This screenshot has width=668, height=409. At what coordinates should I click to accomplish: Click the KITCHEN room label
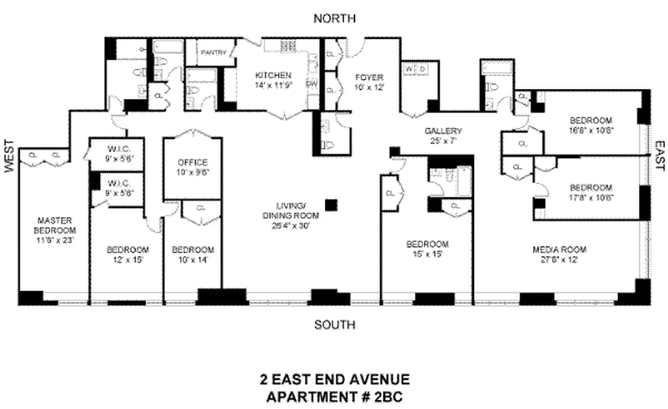coord(273,75)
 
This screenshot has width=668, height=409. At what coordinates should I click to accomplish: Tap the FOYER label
coord(369,78)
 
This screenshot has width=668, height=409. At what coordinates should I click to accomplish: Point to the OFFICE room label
coord(193,163)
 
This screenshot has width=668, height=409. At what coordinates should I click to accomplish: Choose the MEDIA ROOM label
coord(559,250)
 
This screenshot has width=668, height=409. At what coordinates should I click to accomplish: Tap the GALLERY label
coord(443,131)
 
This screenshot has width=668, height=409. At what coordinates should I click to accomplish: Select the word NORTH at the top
coord(335,19)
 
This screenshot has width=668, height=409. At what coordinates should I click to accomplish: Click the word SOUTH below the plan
coord(335,325)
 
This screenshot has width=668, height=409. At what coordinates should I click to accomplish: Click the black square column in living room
coord(331,204)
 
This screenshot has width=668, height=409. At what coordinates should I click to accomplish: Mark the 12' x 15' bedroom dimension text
coord(128,259)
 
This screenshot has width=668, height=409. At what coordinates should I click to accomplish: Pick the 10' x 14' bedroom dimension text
coord(193,259)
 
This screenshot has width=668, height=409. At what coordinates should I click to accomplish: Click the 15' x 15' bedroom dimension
coord(427,254)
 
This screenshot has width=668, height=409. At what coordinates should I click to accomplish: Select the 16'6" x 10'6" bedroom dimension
coord(590,130)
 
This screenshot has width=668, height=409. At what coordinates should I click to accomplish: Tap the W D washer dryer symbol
coord(415,69)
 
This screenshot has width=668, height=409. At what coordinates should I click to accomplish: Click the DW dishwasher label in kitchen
coord(311,83)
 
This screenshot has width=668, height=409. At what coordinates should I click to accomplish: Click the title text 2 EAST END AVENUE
coord(335,379)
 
